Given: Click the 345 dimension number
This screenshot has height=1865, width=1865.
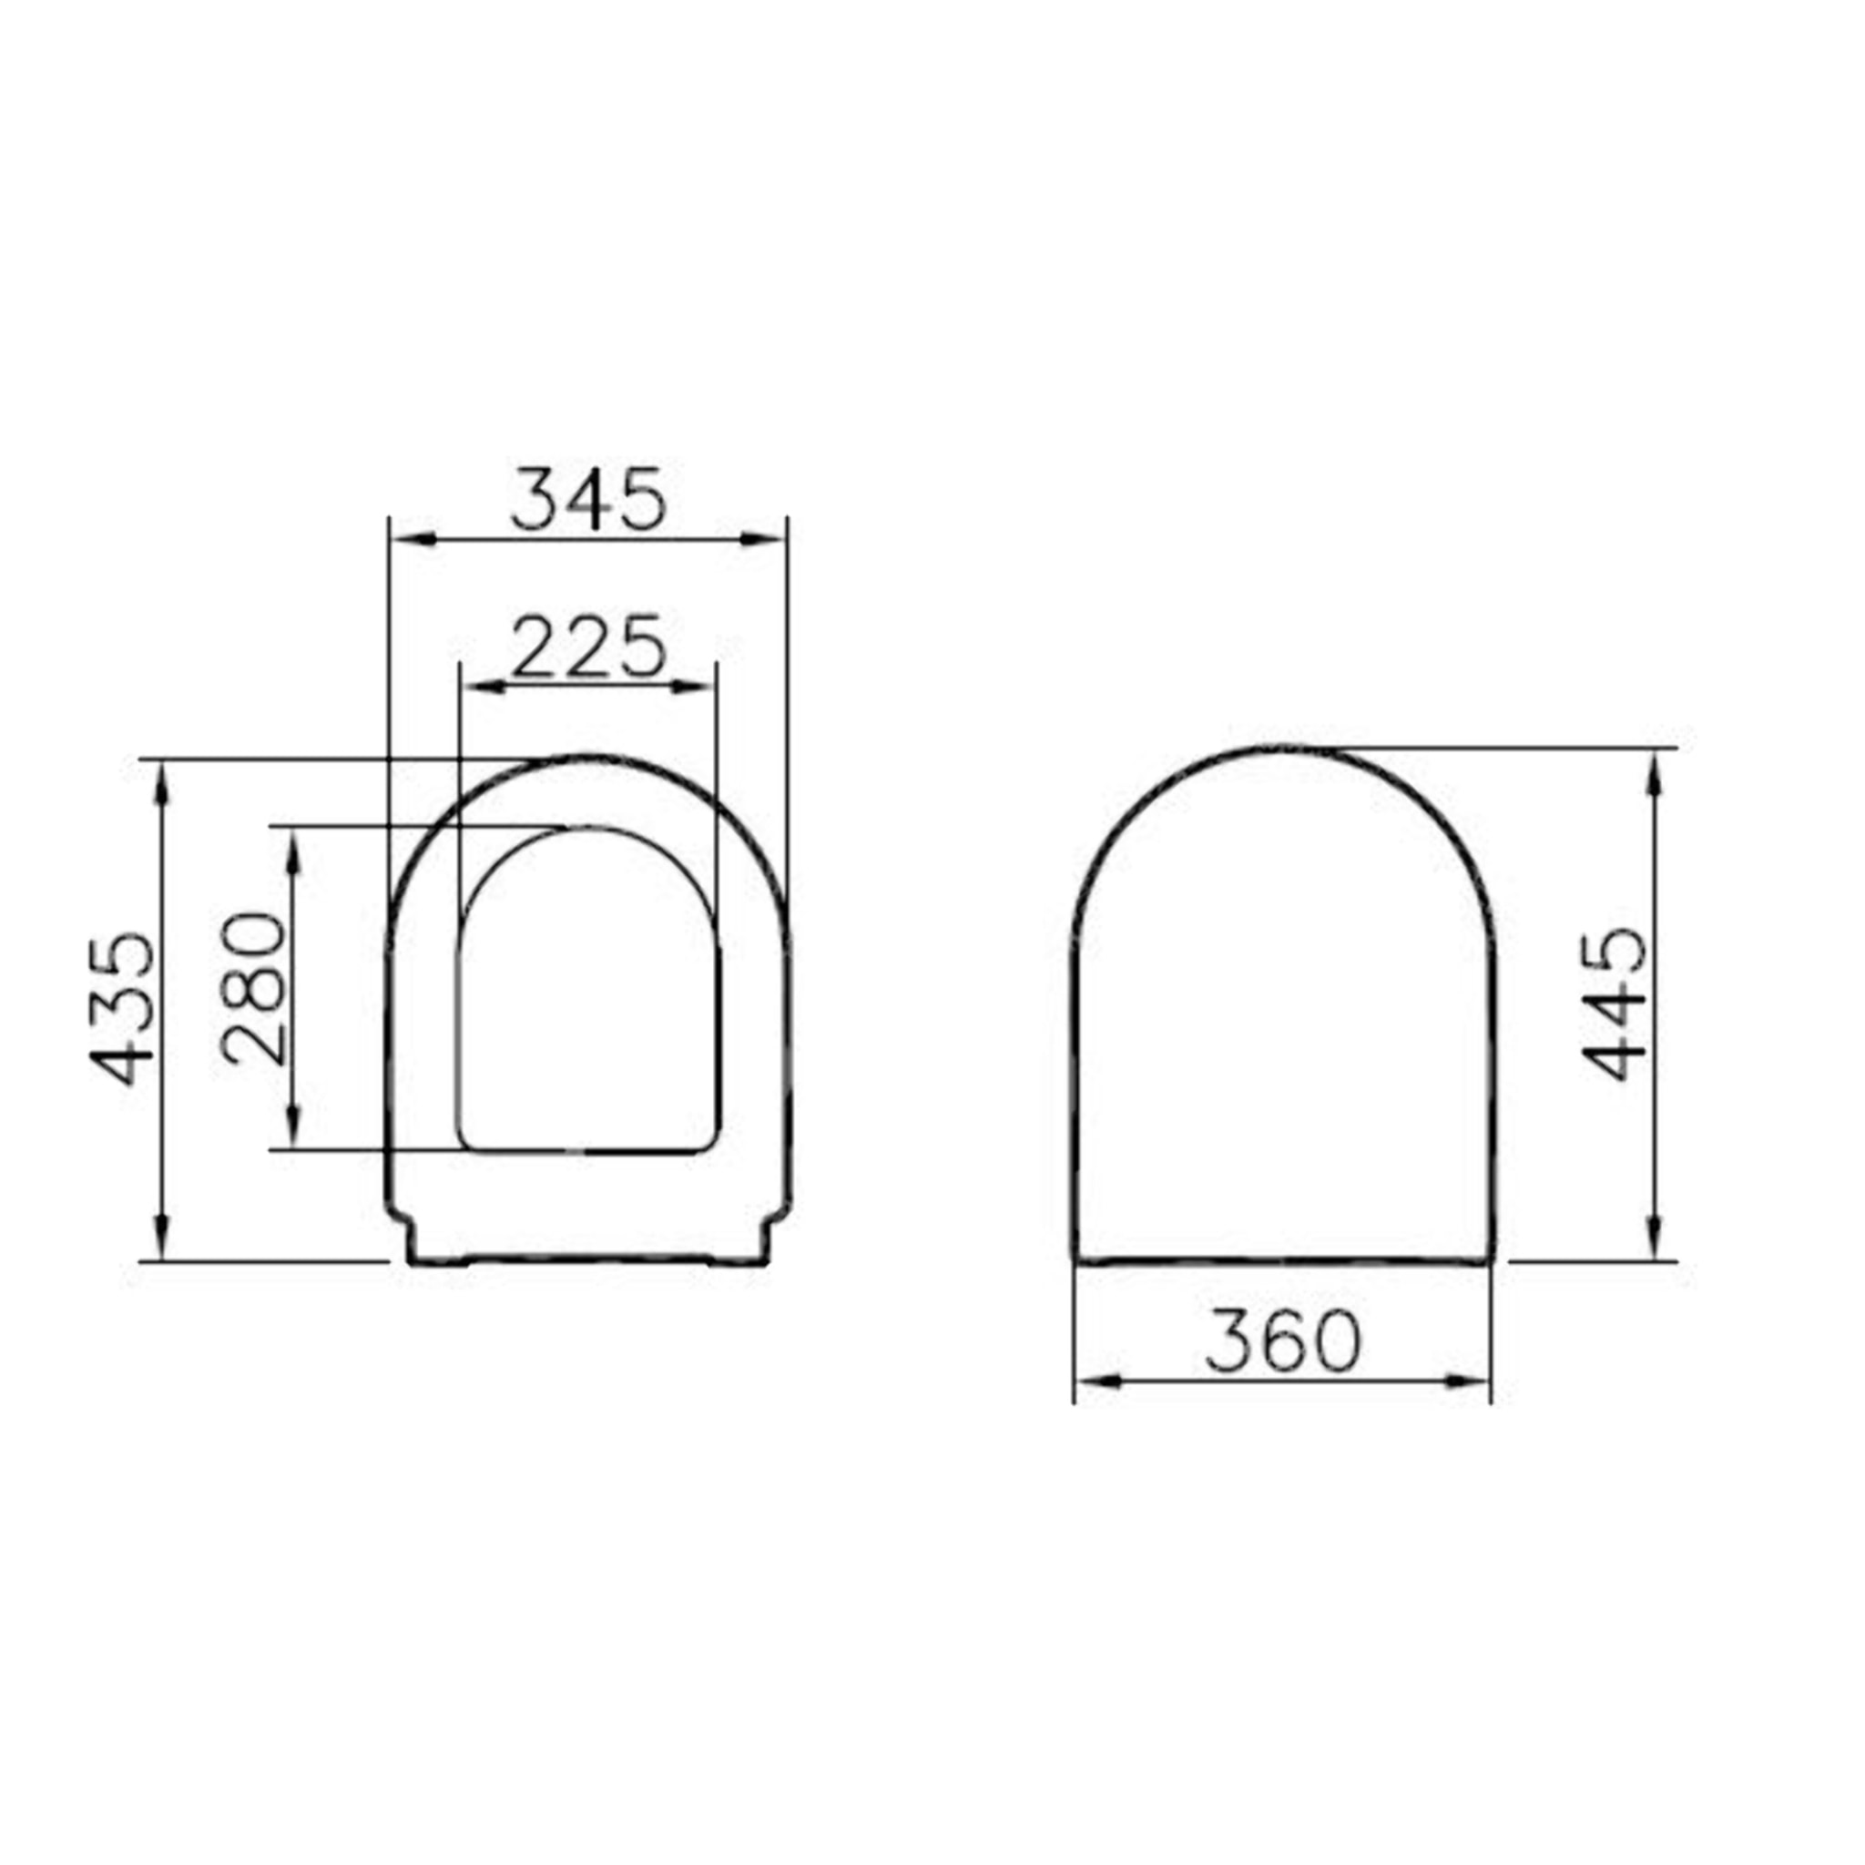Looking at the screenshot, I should [588, 499].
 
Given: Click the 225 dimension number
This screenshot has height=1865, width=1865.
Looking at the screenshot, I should [588, 646].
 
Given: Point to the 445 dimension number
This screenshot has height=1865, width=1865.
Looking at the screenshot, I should [1615, 1004].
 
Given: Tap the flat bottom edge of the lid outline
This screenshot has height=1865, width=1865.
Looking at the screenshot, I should [1283, 1259].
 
